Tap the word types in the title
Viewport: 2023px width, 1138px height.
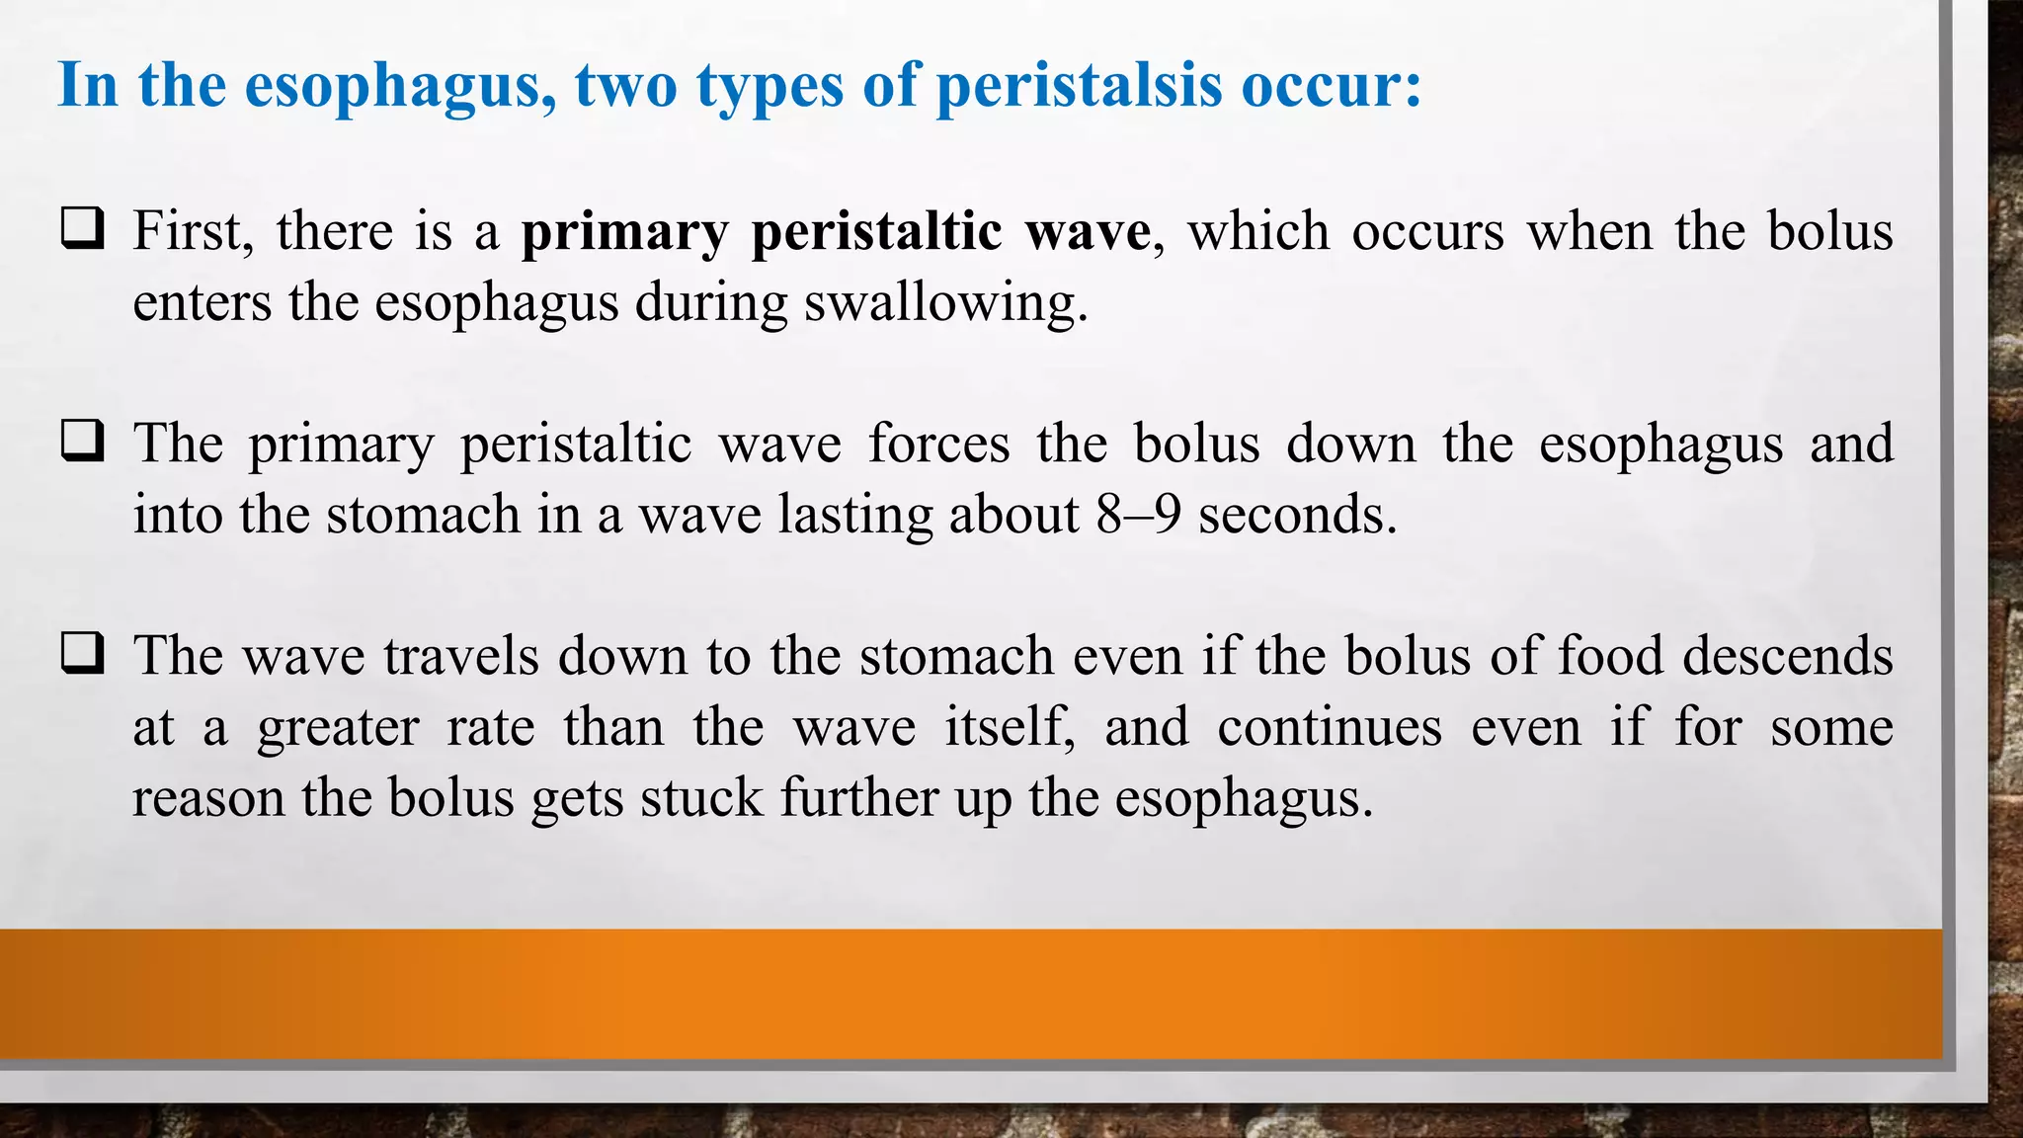point(769,87)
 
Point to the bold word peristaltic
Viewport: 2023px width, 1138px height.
point(876,233)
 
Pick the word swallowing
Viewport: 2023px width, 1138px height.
point(945,302)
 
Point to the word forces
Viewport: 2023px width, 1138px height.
point(938,443)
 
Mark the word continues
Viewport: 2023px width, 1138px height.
point(1329,727)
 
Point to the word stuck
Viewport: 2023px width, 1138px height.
point(701,798)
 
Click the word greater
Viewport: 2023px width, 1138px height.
point(338,729)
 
